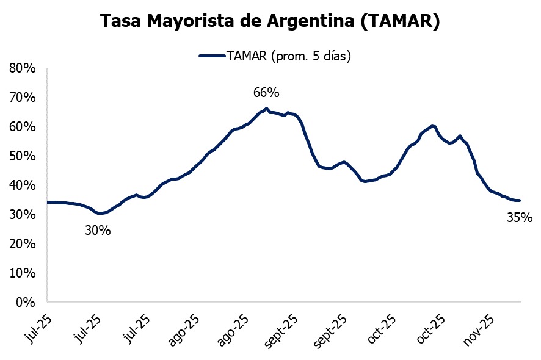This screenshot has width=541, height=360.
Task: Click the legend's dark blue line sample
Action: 211,56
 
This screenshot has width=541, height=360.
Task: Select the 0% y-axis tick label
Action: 26,301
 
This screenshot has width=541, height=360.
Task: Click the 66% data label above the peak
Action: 266,93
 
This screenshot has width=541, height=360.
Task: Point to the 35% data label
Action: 520,217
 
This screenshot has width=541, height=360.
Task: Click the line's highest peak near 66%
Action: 267,109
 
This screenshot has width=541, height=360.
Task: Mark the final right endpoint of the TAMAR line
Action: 520,200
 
